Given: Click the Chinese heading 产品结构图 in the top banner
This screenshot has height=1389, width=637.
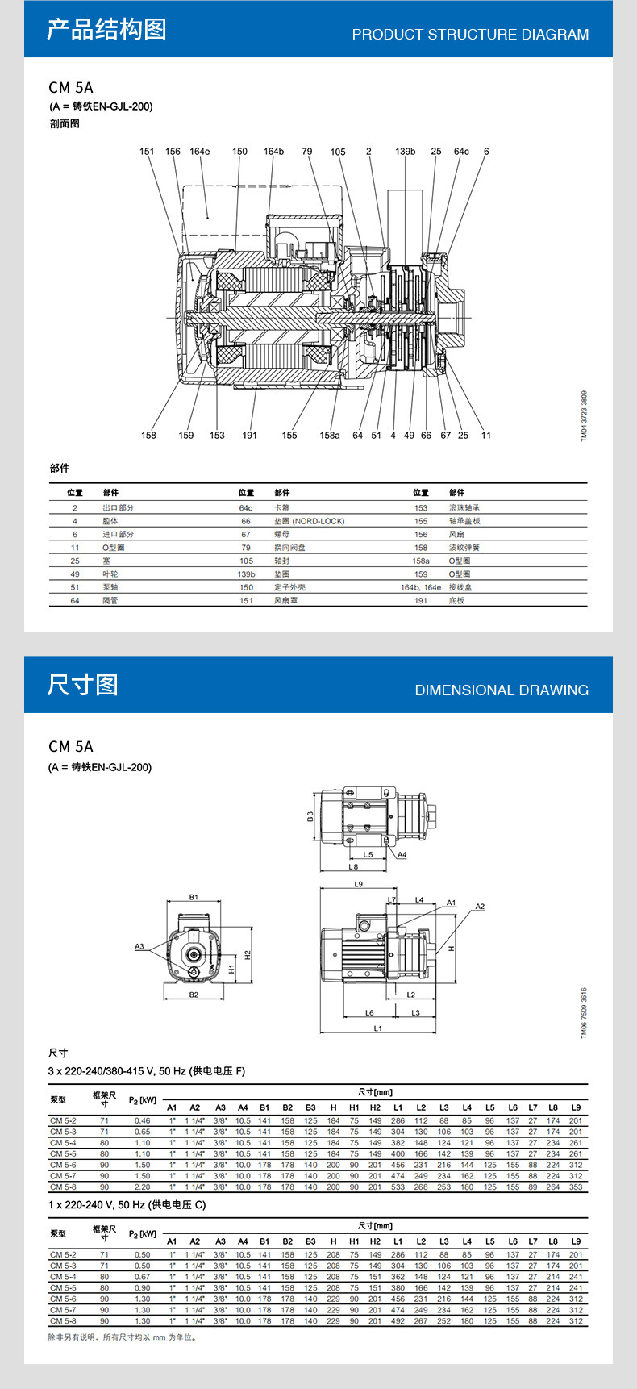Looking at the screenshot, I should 106,30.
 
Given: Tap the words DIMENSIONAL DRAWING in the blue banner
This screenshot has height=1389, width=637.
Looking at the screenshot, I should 502,690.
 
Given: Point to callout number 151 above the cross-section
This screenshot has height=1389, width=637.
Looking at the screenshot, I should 147,152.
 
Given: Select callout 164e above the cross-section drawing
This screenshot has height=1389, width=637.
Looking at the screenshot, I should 199,152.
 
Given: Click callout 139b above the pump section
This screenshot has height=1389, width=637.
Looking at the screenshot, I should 405,152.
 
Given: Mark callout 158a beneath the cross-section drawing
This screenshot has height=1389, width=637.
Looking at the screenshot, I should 329,436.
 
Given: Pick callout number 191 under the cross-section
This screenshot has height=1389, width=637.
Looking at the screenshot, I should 249,436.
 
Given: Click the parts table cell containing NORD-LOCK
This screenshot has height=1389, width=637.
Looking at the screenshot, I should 309,521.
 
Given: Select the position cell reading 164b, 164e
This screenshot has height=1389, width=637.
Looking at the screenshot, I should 421,587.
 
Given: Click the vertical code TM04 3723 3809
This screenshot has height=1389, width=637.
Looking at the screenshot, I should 585,415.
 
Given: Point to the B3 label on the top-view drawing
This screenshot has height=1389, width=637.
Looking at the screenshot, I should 310,816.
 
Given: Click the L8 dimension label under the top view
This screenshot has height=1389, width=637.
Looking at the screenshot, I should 353,867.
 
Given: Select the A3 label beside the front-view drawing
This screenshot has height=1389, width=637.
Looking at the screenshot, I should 139,946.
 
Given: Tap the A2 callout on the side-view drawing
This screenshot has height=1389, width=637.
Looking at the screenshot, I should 480,907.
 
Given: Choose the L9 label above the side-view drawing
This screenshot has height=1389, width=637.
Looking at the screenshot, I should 359,884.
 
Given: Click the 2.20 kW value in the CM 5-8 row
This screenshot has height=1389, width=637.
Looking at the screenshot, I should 142,1187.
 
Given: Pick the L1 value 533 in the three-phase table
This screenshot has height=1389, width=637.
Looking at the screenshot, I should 398,1187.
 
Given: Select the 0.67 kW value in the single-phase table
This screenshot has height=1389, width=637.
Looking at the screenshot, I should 142,1277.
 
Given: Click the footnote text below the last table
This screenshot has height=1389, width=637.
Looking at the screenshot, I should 123,1337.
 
